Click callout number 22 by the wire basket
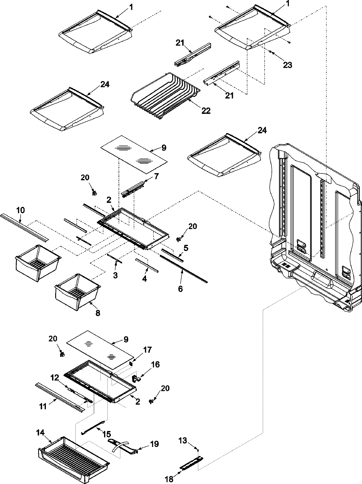[x=206, y=111]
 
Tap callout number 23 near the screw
[x=287, y=65]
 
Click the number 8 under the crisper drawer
[x=98, y=313]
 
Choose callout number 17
[x=148, y=350]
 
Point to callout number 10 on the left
[x=21, y=210]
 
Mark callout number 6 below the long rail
[x=180, y=289]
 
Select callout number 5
[x=186, y=240]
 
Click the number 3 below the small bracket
[x=116, y=275]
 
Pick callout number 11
[x=43, y=407]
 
